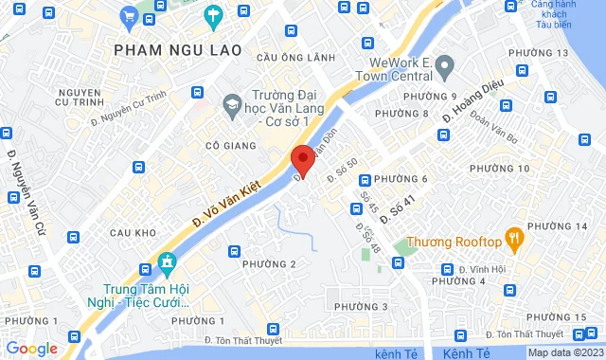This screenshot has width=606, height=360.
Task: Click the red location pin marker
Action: tap(302, 160)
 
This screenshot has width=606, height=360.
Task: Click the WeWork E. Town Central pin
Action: tap(447, 64)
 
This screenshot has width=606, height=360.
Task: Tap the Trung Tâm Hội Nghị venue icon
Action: tap(168, 261)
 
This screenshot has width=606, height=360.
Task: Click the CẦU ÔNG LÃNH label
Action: tap(295, 58)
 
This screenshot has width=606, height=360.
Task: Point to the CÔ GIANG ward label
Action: tap(224, 146)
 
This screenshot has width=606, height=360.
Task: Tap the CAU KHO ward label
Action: tap(132, 232)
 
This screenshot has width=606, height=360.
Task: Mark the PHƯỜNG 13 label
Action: tap(539, 53)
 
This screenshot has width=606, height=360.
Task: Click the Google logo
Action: tap(31, 349)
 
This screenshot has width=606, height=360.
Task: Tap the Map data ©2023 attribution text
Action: tap(563, 352)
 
